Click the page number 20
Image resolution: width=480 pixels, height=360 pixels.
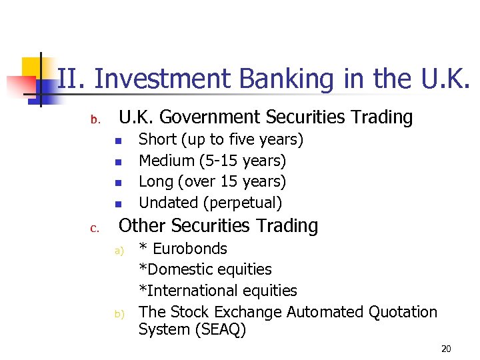pos(446,349)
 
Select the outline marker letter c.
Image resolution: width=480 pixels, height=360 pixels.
pos(95,229)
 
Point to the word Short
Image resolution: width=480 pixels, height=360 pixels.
pos(157,139)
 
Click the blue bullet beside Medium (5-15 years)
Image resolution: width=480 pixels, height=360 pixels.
pos(116,162)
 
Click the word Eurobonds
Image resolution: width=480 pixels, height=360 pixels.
pos(190,249)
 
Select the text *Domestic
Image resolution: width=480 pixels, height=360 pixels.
pos(173,269)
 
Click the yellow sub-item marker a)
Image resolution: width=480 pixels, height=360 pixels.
pos(119,251)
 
